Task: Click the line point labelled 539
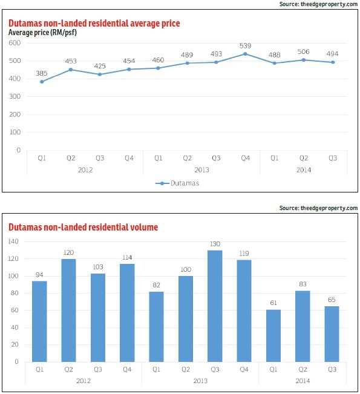[245, 54]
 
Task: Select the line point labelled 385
[42, 82]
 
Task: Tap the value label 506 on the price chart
[303, 52]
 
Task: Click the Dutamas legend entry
[177, 183]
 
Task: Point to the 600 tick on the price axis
[15, 43]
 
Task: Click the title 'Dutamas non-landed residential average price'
[94, 23]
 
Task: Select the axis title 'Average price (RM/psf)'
[42, 33]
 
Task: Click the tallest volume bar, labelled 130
[215, 306]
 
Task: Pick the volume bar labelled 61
[273, 336]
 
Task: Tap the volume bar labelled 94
[39, 321]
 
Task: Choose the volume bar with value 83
[303, 326]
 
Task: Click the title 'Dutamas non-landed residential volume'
[83, 227]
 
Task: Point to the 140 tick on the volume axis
[13, 241]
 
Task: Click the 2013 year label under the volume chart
[200, 381]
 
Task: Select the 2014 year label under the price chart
[304, 170]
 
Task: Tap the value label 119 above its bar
[244, 253]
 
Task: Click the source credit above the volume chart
[318, 208]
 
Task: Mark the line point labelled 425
[100, 74]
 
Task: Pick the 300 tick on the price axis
[15, 96]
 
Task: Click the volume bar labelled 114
[127, 313]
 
